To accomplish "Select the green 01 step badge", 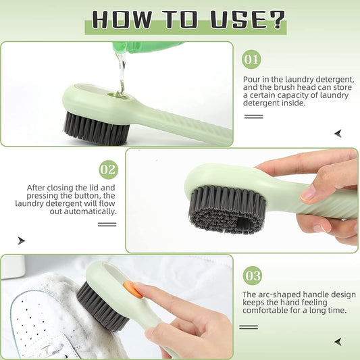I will (x=251, y=60).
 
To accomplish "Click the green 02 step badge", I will (x=108, y=169).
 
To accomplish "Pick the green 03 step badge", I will (x=252, y=276).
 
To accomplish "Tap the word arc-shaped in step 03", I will (x=276, y=294).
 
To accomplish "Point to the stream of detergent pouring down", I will (x=121, y=71).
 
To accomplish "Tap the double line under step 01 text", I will (x=253, y=116).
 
